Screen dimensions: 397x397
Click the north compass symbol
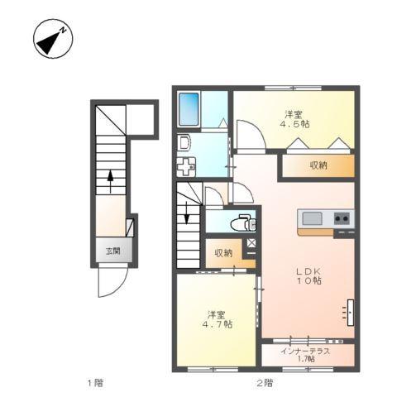(x=50, y=39)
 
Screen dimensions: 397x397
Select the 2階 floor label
(x=264, y=382)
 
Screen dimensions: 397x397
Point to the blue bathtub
(x=189, y=108)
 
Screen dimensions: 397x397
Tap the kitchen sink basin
(x=312, y=218)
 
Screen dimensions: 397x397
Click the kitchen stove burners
(x=342, y=218)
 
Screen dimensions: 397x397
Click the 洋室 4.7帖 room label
(x=218, y=318)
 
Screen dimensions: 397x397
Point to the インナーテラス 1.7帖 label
(x=305, y=355)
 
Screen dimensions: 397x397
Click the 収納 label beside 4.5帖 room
(x=318, y=165)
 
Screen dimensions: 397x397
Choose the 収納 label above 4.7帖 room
(x=223, y=253)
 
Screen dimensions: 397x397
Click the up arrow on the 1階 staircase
(x=109, y=178)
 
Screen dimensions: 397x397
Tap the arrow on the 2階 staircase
(x=187, y=214)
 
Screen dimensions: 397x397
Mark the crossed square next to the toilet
(x=251, y=243)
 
